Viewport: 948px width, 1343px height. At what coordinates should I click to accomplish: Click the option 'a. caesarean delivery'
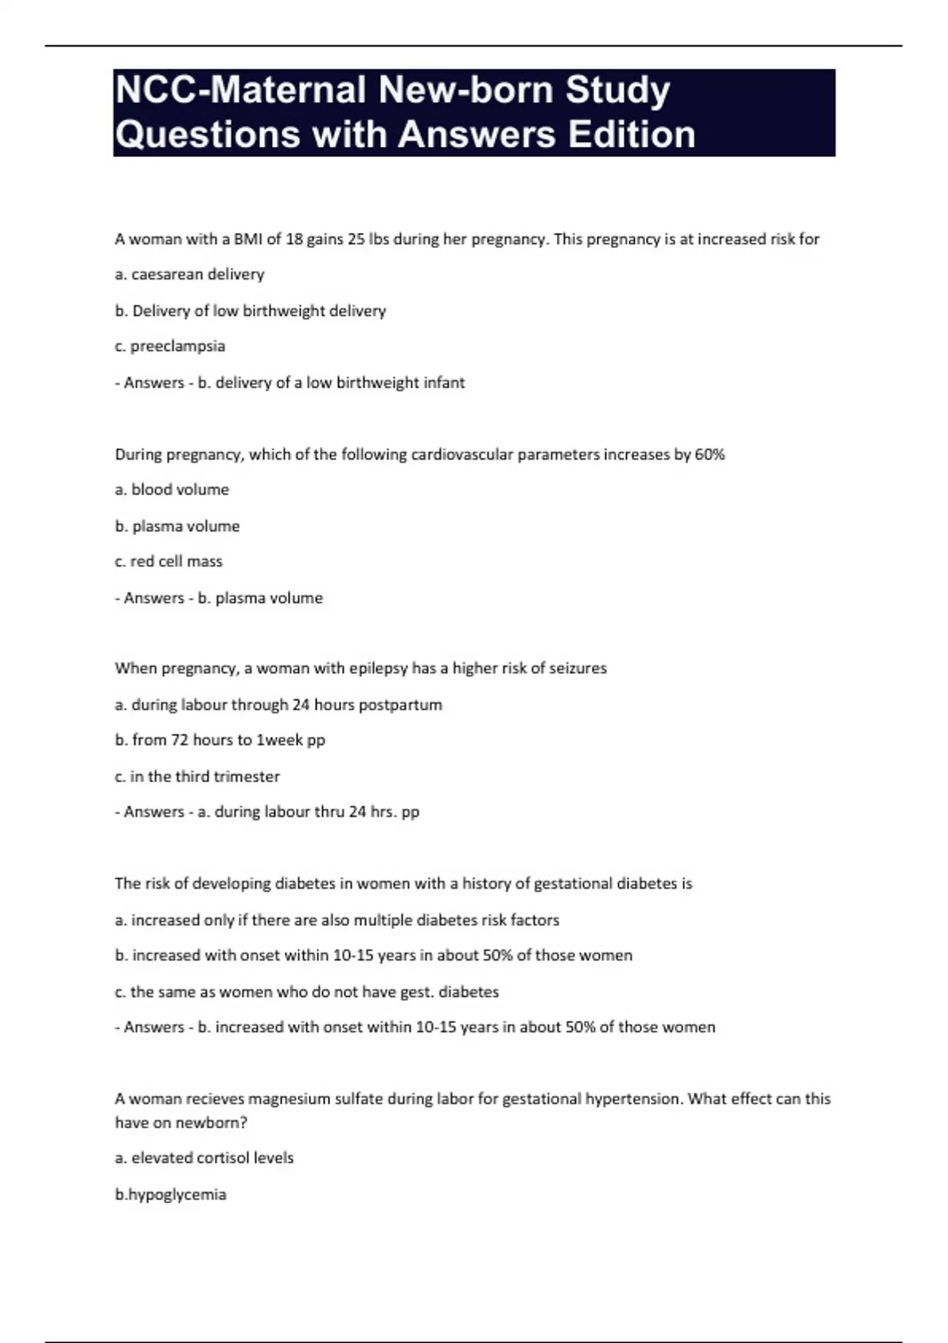point(190,274)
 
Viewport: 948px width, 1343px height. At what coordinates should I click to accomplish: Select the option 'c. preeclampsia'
point(170,346)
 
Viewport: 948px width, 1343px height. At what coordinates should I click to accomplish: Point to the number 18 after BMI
point(294,239)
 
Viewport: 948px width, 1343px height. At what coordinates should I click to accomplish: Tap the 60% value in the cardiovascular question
point(709,454)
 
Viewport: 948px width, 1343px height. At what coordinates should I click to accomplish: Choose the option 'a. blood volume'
point(171,490)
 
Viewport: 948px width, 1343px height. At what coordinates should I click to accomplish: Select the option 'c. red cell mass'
point(168,562)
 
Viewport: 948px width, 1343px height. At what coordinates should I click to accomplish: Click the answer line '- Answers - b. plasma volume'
point(219,598)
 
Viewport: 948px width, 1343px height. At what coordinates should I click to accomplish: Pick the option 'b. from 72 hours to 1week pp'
point(220,740)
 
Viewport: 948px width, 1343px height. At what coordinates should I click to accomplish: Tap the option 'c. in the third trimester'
point(197,777)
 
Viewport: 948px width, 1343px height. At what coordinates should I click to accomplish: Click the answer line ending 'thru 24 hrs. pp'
point(267,811)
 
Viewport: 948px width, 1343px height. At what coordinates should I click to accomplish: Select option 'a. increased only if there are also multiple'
point(337,920)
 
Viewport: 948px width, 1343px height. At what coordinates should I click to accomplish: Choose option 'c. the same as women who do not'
point(307,991)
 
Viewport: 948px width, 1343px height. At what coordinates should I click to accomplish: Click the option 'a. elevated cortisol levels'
point(204,1158)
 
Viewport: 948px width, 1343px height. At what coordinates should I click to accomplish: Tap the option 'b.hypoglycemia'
point(171,1194)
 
